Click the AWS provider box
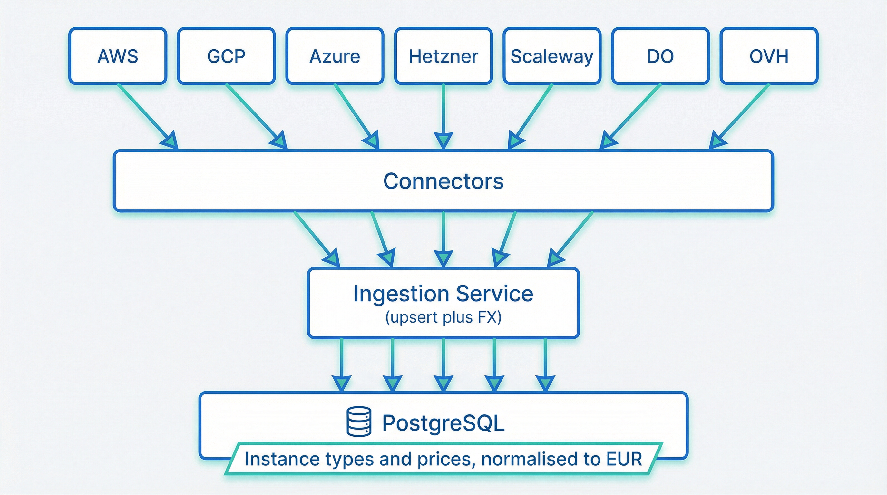click(x=118, y=56)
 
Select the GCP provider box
click(x=226, y=56)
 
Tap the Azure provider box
click(x=335, y=56)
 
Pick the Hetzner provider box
click(x=443, y=56)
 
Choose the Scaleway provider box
click(x=551, y=56)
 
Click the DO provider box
click(x=660, y=56)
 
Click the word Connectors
click(x=443, y=181)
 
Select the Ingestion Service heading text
click(x=443, y=294)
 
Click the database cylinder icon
click(x=358, y=422)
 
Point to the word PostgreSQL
click(x=443, y=423)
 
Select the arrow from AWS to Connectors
click(x=146, y=115)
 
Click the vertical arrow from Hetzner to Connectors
click(x=443, y=113)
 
